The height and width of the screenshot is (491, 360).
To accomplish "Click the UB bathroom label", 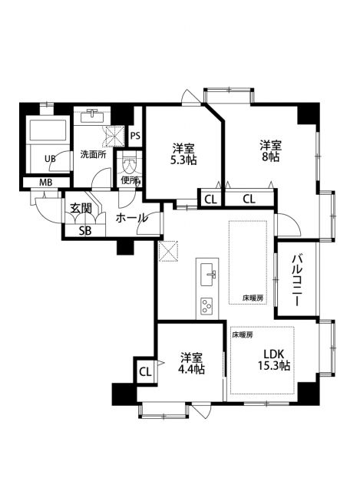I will coord(49,160).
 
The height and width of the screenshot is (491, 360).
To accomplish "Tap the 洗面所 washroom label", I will coord(93,153).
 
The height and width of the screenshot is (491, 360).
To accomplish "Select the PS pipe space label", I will coord(135,137).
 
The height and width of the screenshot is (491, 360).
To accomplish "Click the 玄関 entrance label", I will coord(81,208).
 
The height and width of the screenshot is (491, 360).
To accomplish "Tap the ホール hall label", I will coord(131,219).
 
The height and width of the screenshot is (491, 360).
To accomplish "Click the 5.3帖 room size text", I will coord(183,162).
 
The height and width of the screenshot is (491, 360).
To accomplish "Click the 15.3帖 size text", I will coord(275,366).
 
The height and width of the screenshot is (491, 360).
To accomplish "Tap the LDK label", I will coord(274,353).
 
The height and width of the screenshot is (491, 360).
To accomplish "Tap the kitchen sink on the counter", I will coord(209,272).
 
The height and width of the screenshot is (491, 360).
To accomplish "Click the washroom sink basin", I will coord(94,117).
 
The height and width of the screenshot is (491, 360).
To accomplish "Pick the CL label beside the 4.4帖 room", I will coord(144,372).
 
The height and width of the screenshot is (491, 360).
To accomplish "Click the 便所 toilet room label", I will coord(130,181).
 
